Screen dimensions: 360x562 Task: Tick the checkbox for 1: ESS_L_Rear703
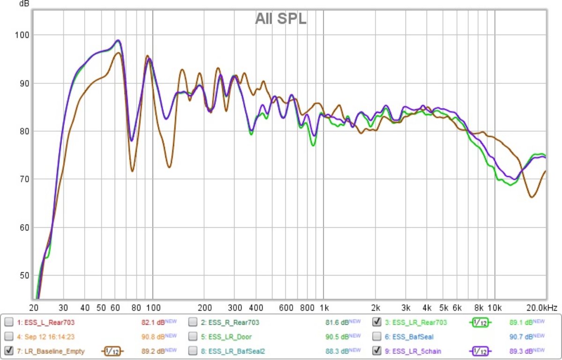tap(9, 322)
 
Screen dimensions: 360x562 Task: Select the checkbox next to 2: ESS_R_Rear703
tap(193, 322)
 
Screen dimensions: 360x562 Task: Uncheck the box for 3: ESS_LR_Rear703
tap(377, 322)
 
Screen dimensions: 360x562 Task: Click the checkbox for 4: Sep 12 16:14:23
tap(9, 337)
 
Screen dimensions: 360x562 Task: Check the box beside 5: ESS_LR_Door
tap(193, 337)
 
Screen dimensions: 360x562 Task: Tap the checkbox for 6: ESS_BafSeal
tap(377, 337)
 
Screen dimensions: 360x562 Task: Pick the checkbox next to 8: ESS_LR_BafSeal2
tap(193, 351)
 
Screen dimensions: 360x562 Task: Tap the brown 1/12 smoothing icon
tap(111, 351)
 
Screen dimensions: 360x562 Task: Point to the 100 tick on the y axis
tap(22, 35)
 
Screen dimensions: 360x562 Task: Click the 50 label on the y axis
tap(24, 276)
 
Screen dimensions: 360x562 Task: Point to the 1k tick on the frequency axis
tap(324, 308)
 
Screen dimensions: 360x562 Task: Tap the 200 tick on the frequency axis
tap(205, 308)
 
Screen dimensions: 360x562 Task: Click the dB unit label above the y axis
tap(24, 4)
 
